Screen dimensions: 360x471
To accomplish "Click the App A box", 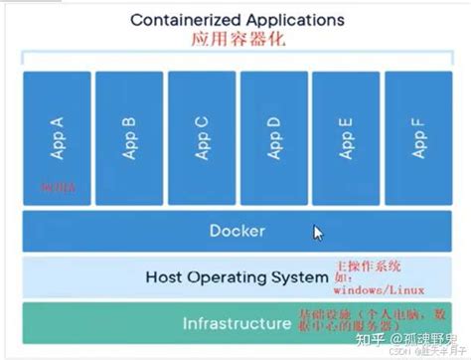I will pyautogui.click(x=56, y=137).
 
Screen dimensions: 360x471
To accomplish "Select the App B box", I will pyautogui.click(x=128, y=137).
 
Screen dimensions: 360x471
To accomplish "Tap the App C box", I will pyautogui.click(x=201, y=137).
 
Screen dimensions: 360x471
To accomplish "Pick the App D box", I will pyautogui.click(x=273, y=137).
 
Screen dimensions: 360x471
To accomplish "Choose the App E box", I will pyautogui.click(x=346, y=137).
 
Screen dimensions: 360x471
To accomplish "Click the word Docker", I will pyautogui.click(x=236, y=231).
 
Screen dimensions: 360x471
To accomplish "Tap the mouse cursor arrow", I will pyautogui.click(x=318, y=233).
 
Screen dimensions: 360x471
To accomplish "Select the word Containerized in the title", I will pyautogui.click(x=178, y=18).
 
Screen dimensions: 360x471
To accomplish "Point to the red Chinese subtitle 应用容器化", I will pyautogui.click(x=235, y=40).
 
